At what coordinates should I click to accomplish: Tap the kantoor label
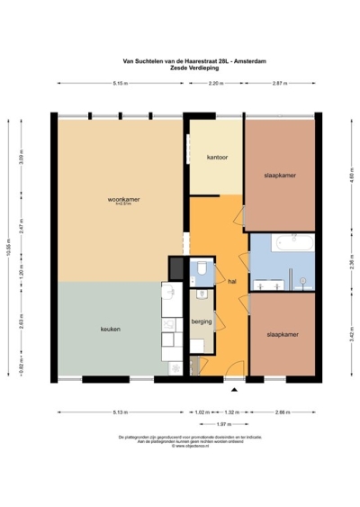[217, 157]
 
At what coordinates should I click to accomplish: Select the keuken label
[111, 330]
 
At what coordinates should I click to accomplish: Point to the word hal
[231, 280]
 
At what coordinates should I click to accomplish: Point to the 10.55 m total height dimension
[10, 245]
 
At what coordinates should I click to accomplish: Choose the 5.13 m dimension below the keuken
[120, 412]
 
